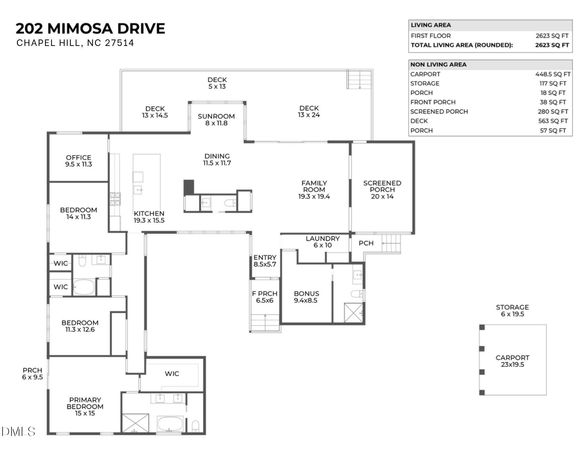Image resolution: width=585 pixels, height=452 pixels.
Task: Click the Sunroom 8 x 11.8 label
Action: (216, 120)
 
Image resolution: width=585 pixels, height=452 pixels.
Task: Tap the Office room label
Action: (78, 161)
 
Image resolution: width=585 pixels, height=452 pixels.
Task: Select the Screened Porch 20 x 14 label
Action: (382, 190)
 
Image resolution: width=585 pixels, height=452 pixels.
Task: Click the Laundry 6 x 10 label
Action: (322, 242)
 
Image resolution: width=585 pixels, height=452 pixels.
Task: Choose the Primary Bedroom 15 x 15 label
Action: (85, 406)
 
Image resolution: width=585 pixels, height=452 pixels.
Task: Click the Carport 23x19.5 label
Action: (512, 361)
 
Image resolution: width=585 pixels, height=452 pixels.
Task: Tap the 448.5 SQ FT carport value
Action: (553, 74)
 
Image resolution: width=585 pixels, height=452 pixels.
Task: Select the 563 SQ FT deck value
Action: (553, 121)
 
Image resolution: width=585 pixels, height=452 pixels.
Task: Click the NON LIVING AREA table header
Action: (438, 65)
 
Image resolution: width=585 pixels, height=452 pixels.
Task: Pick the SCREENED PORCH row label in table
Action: (439, 112)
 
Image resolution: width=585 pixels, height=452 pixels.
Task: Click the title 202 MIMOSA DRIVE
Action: (90, 29)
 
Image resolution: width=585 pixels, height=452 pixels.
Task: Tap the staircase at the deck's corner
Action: (359, 79)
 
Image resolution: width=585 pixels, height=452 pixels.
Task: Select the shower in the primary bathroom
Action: (135, 423)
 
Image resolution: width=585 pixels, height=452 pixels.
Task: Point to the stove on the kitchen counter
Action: (115, 199)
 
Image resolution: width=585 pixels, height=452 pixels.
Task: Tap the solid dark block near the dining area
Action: (189, 187)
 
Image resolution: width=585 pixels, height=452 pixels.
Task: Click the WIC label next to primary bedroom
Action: (172, 374)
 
